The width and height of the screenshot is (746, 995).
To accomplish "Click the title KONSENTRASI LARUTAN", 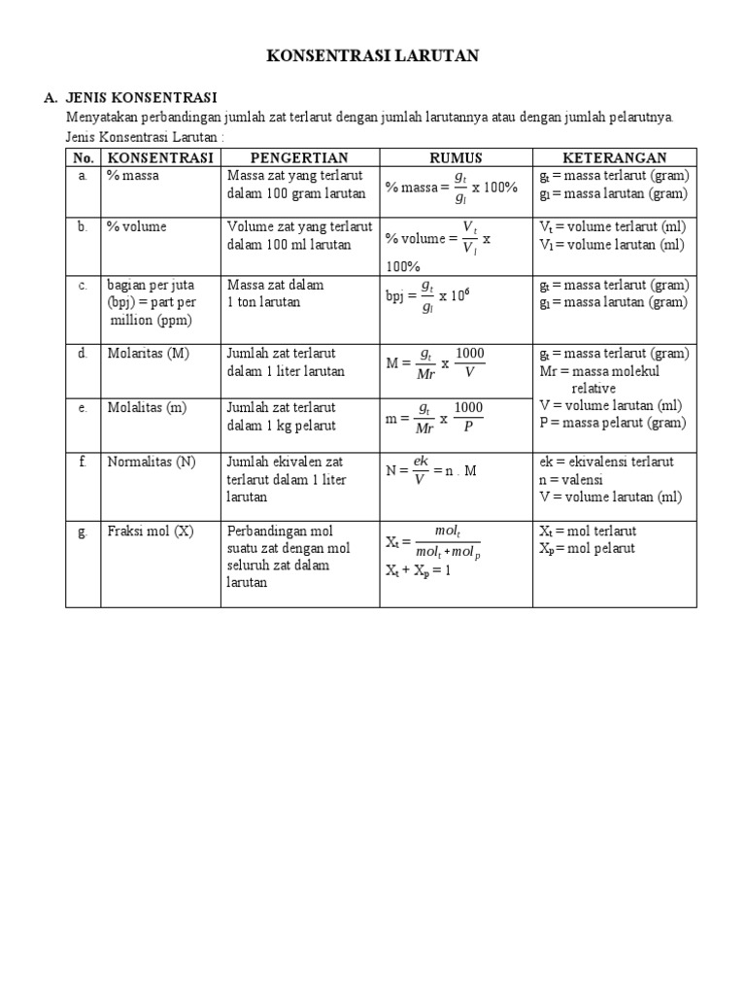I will [373, 57].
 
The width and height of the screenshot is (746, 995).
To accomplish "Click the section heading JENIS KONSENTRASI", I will [141, 98].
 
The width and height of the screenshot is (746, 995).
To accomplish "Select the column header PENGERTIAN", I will [300, 157].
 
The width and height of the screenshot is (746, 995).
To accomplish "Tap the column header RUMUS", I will [456, 157].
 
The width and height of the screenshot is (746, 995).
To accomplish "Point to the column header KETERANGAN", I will [614, 157].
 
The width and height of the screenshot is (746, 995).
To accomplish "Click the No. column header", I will [84, 157].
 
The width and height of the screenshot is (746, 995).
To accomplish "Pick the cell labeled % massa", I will [134, 176].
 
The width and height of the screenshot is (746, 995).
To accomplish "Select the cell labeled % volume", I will [137, 226].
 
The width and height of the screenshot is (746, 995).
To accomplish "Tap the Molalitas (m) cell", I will [147, 407].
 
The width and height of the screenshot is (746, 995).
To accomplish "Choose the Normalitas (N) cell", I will [152, 462].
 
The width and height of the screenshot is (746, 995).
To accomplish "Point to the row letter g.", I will [84, 532].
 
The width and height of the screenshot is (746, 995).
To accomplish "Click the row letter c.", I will [84, 285].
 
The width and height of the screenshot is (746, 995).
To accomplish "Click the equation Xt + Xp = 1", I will [419, 570].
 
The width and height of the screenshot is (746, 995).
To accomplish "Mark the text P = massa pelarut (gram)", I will [613, 423].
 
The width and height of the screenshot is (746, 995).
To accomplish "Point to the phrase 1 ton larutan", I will [264, 302].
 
